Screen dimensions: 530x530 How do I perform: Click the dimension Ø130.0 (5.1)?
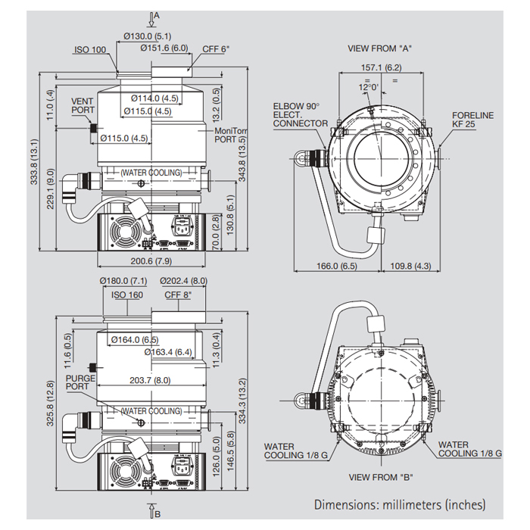click(148, 36)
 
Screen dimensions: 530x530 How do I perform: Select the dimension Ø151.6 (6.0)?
click(164, 48)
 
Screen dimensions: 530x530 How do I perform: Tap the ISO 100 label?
click(89, 50)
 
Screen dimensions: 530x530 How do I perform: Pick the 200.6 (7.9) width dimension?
click(151, 261)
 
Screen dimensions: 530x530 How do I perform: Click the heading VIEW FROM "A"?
click(379, 48)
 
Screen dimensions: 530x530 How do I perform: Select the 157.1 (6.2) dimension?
click(381, 67)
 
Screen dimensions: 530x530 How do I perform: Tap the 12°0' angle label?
click(369, 87)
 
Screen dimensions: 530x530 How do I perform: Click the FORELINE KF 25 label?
click(472, 119)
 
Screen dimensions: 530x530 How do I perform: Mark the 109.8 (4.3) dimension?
click(410, 267)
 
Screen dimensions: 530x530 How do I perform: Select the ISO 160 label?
click(127, 295)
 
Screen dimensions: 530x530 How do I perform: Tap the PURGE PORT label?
click(80, 382)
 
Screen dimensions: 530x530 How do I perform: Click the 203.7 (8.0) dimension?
click(151, 381)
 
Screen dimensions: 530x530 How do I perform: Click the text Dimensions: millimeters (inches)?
click(400, 504)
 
